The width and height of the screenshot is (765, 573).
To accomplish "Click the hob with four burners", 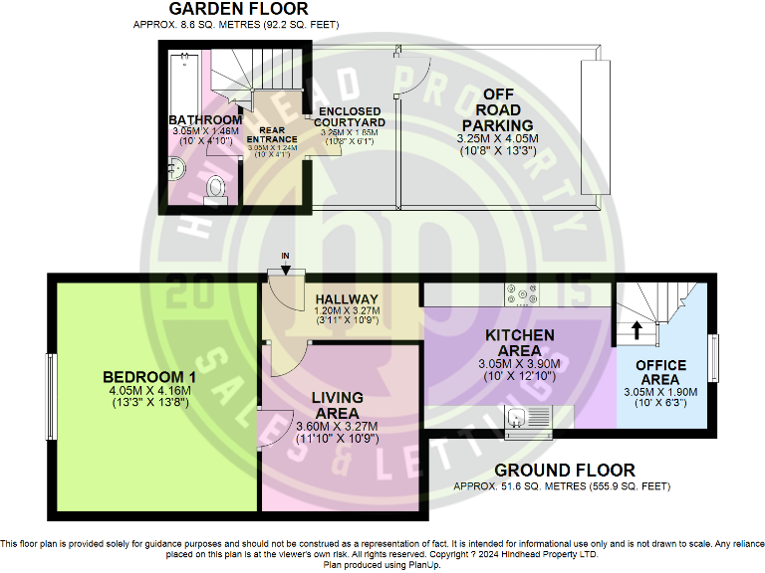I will [x=522, y=294].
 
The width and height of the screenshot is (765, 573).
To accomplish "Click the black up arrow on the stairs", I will [x=637, y=328].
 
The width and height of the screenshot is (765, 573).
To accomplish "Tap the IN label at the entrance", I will [x=285, y=257].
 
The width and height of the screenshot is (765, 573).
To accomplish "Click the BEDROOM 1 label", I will [x=149, y=377].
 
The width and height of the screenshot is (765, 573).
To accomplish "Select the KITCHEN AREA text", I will [x=520, y=343].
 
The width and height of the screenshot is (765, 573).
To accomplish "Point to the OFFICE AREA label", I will [x=659, y=372].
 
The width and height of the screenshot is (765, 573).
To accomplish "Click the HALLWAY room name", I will [x=346, y=299].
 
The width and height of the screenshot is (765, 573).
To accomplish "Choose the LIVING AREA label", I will [x=337, y=405].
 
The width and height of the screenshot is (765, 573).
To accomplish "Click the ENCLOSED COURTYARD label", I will [x=350, y=116].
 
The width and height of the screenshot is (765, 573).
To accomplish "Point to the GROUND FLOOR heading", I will [x=563, y=470].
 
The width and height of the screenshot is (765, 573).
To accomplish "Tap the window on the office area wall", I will [x=713, y=357].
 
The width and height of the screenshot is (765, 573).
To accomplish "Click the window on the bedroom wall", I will [x=51, y=398].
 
